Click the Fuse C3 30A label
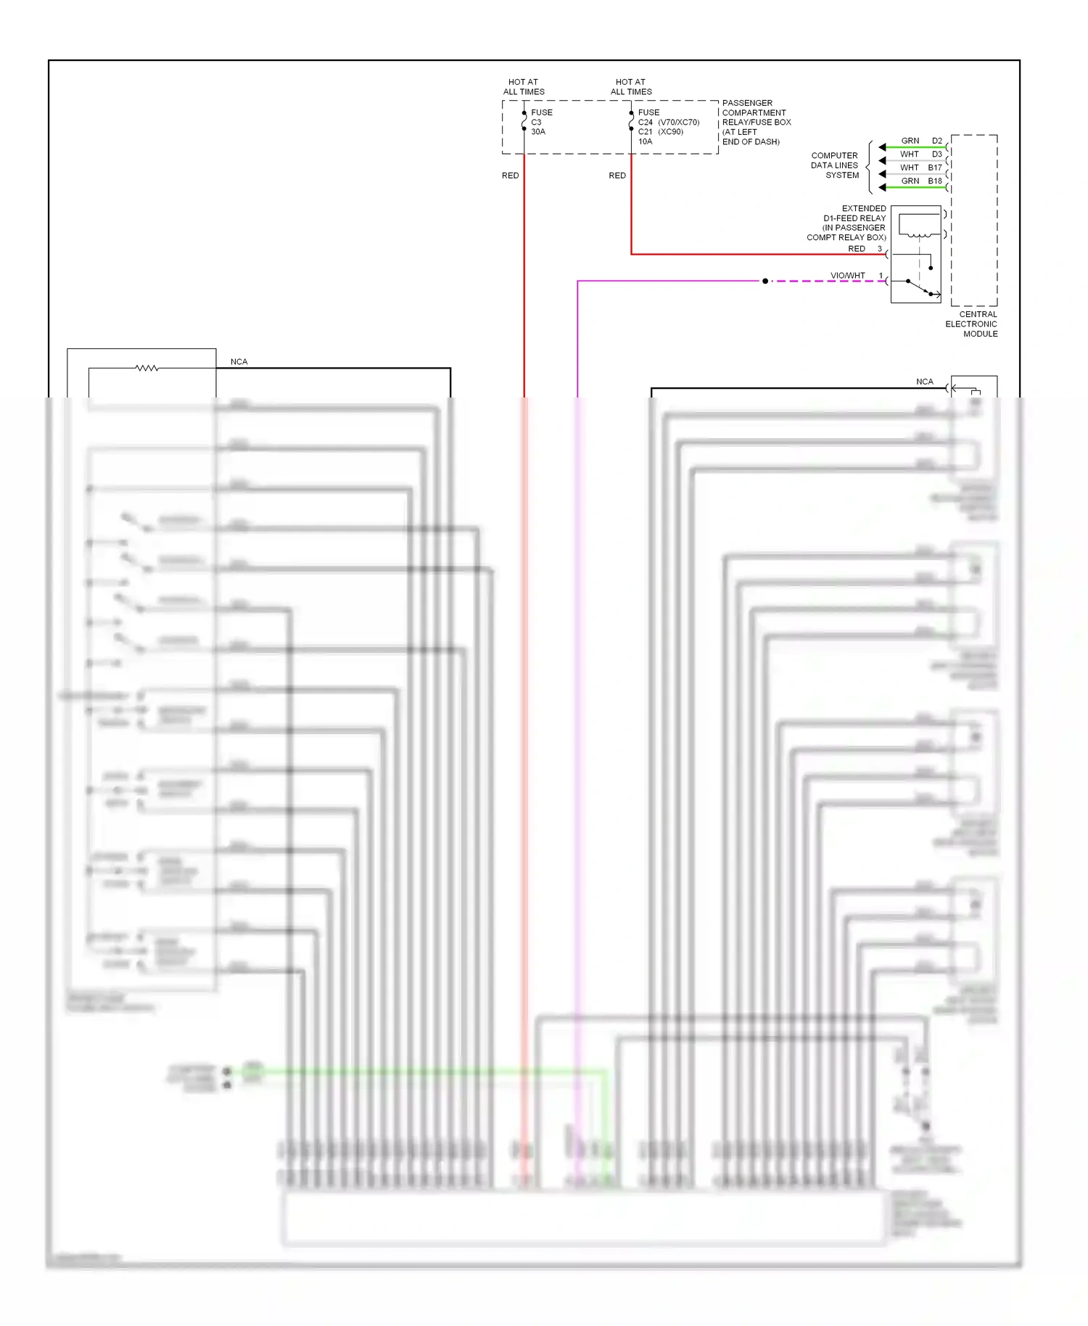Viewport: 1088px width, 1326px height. pos(541,122)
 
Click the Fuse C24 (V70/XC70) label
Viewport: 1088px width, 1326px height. pos(668,122)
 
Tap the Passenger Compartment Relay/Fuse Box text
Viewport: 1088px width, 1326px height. pos(756,122)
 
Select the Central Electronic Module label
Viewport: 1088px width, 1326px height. pos(972,324)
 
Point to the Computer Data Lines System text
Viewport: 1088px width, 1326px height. pos(835,165)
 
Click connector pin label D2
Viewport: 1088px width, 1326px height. pos(937,141)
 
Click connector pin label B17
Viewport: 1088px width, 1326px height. pos(934,168)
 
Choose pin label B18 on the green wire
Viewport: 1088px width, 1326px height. pos(934,181)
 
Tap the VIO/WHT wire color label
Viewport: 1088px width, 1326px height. pos(847,276)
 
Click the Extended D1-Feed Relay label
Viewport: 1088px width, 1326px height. pos(847,223)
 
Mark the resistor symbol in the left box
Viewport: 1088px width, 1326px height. pos(147,368)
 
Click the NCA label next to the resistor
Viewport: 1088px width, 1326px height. pos(239,361)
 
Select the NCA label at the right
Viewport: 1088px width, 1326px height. pos(924,382)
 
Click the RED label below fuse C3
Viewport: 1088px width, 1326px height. pos(510,176)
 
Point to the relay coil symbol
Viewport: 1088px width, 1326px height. pos(919,234)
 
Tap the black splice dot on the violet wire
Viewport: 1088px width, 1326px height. pos(765,281)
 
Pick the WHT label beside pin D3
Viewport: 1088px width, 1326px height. pos(910,155)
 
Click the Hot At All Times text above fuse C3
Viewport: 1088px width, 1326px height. pos(524,87)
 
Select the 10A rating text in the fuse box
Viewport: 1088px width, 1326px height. pos(645,141)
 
